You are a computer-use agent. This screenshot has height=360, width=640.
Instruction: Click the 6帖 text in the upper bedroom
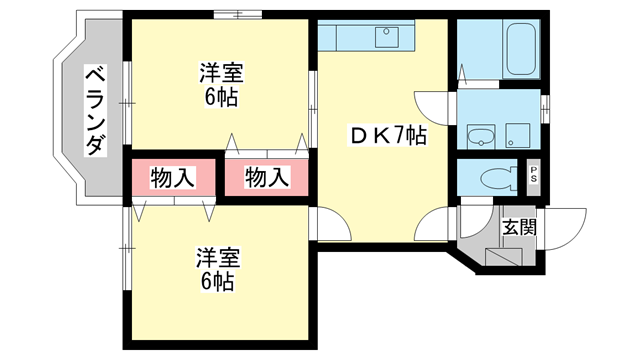(x=222, y=98)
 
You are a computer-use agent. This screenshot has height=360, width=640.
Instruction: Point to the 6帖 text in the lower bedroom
(x=217, y=282)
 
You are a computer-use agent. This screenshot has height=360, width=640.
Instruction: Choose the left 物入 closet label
(x=172, y=179)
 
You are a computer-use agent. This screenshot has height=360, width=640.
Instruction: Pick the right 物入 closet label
(x=266, y=179)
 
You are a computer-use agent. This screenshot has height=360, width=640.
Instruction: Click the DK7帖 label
(x=386, y=136)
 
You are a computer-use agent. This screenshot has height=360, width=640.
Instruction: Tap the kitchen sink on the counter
(x=387, y=38)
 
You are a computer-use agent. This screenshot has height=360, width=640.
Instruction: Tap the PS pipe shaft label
(x=533, y=179)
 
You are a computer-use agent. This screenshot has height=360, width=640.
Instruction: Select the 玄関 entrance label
(x=519, y=226)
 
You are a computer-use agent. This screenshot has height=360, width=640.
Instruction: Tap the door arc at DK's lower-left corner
(x=330, y=224)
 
